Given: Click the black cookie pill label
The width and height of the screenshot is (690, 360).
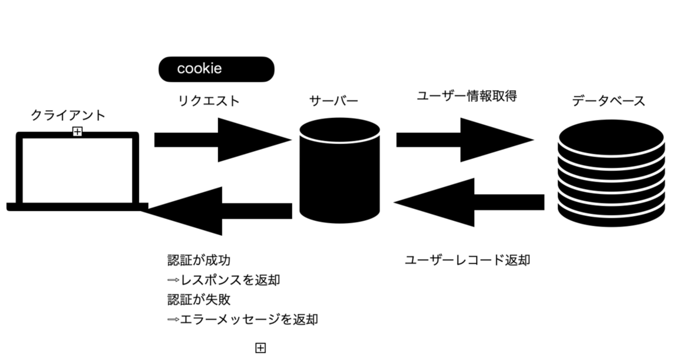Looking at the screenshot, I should click(x=216, y=69).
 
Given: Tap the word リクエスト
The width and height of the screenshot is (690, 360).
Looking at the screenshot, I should click(x=209, y=100).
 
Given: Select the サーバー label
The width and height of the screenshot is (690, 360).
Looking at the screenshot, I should click(x=334, y=101).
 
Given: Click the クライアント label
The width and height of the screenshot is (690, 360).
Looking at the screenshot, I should click(x=68, y=115).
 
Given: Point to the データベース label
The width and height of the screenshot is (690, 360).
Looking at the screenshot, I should click(x=609, y=101).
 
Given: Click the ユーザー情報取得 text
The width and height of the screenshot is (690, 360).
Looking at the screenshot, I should click(x=467, y=97).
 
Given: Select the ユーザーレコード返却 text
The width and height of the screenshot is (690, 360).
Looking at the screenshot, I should click(x=467, y=261).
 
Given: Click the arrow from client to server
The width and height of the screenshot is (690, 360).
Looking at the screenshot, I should click(x=223, y=140).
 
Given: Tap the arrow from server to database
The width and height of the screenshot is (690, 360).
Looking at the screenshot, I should click(x=464, y=140).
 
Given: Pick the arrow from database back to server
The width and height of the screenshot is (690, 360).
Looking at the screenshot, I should click(x=470, y=202).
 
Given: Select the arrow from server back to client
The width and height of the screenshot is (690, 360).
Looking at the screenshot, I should click(x=218, y=211).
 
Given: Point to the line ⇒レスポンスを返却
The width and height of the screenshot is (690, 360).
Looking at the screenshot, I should click(x=223, y=280).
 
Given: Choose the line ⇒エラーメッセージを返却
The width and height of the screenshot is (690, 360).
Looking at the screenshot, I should click(x=243, y=320).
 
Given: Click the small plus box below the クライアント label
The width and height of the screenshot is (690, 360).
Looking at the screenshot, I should click(x=77, y=131).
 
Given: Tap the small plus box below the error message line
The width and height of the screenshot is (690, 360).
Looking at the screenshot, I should click(x=260, y=348).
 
